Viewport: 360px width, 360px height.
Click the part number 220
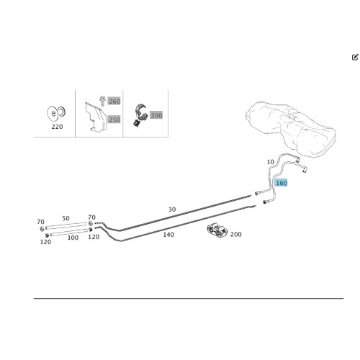57,127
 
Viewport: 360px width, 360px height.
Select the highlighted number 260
114,102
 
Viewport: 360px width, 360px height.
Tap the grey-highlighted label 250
114,120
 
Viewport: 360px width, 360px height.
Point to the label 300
156,115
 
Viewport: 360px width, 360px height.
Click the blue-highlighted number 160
282,183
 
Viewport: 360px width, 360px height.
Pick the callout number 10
271,162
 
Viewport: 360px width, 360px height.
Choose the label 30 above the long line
172,210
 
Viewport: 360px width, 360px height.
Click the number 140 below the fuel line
168,235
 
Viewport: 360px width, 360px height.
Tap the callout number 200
236,234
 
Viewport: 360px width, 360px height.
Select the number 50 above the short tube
66,218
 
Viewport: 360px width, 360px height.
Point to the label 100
73,238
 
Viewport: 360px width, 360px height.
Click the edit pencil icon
355,57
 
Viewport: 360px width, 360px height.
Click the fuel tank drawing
290,128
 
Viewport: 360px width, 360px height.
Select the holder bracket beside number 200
217,230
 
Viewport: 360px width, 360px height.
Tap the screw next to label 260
103,101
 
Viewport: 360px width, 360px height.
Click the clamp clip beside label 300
140,114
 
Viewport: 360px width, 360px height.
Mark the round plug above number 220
55,114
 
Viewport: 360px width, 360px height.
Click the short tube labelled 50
66,225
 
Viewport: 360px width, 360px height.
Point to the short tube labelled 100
69,233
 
